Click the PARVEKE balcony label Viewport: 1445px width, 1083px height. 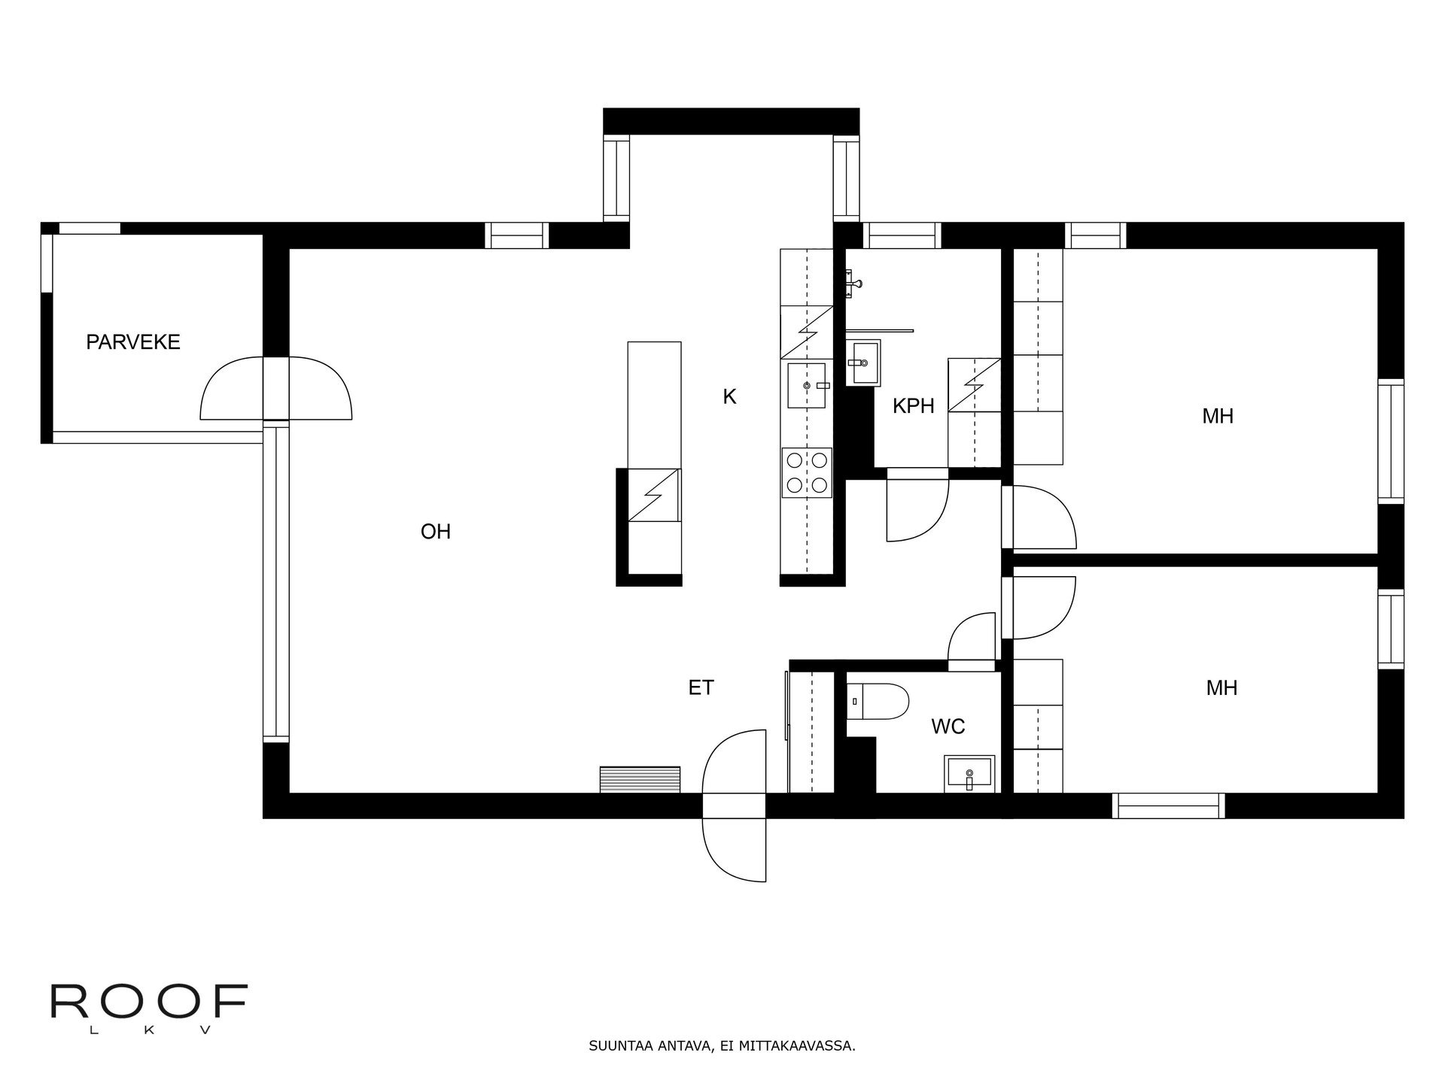coord(133,342)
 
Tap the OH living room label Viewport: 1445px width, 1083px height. coord(435,532)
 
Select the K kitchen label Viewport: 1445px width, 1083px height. coord(729,396)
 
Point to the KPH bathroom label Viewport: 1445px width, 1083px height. coord(913,406)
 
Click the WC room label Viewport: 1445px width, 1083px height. coord(948,727)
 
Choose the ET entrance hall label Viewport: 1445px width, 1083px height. coord(700,687)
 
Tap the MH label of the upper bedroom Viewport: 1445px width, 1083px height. coord(1217,416)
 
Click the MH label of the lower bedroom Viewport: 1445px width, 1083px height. coord(1221,687)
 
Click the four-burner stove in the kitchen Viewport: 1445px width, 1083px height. coord(807,472)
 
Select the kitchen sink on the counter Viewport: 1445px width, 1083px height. coord(807,385)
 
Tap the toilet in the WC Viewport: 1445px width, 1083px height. coord(877,701)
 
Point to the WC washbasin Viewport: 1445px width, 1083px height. coord(969,773)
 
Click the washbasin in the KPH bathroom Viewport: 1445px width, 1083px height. coord(863,363)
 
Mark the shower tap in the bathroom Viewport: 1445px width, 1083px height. coord(852,284)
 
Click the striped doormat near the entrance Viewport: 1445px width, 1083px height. coord(640,779)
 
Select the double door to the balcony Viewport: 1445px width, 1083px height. coord(275,388)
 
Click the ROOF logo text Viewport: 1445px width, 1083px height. coord(149,1000)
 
